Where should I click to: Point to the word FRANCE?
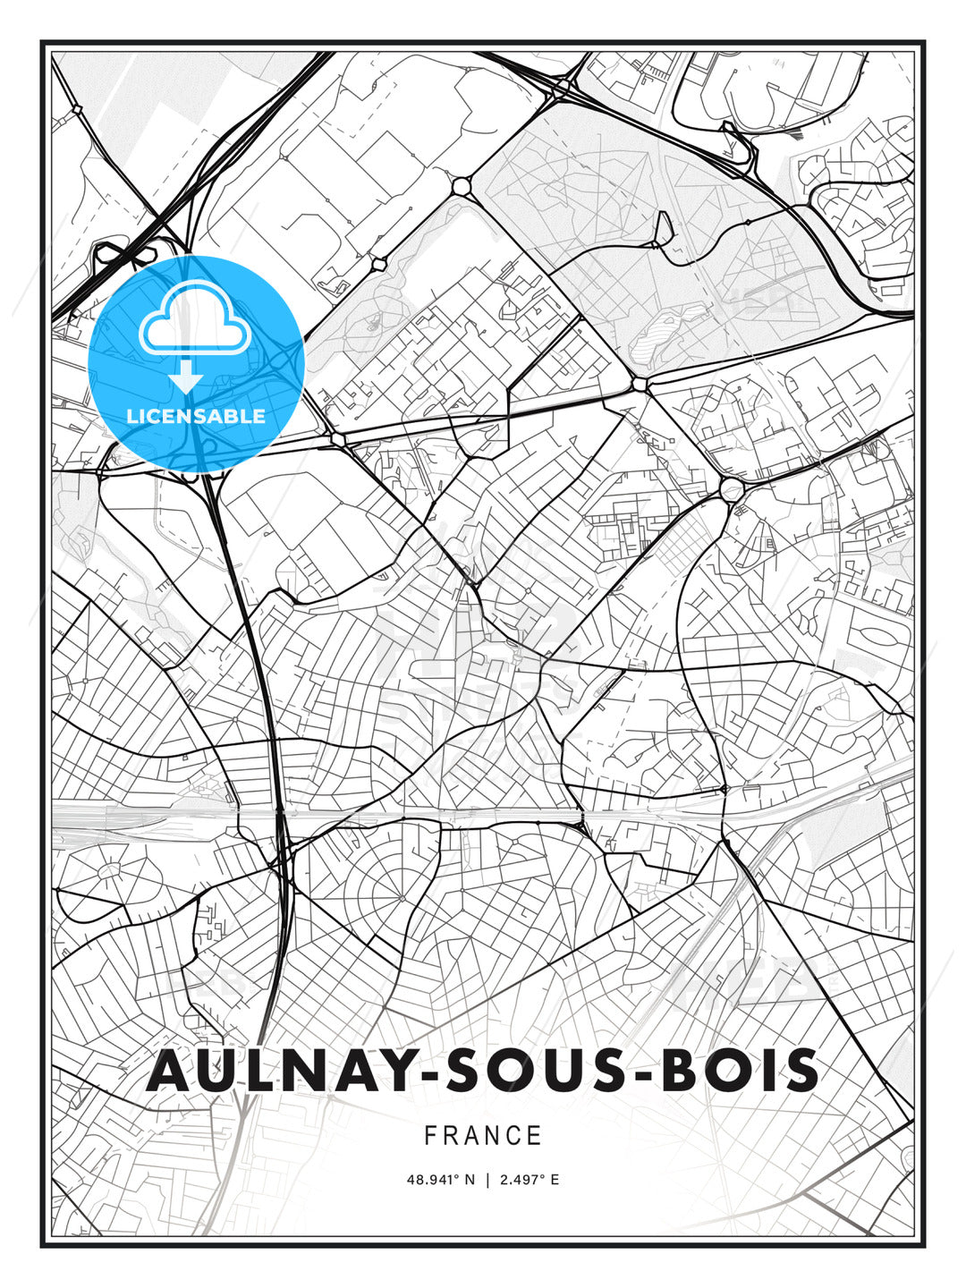coord(483,1136)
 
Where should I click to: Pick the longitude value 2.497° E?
coord(530,1180)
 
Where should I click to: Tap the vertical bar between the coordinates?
coord(487,1180)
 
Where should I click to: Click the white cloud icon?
coord(194,319)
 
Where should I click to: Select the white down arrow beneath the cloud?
coord(186,377)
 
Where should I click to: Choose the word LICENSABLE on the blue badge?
coord(196,416)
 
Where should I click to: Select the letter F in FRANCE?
coord(430,1136)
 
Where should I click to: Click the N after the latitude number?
coord(471,1180)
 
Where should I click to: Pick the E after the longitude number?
coord(555,1180)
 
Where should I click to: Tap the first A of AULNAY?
coord(171,1071)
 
